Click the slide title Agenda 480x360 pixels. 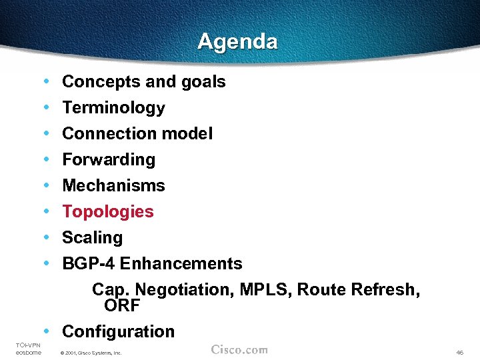tap(237, 42)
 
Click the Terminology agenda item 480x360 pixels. tap(113, 108)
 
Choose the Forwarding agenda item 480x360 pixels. tap(109, 160)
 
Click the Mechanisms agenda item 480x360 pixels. tap(113, 186)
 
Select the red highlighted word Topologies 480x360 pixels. tap(108, 212)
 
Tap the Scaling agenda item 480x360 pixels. tap(92, 238)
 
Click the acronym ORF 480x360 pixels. tap(121, 305)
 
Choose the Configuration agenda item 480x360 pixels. tap(118, 331)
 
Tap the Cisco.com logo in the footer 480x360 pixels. tap(239, 350)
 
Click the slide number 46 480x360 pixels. tap(460, 352)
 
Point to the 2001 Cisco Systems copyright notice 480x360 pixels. tap(91, 353)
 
